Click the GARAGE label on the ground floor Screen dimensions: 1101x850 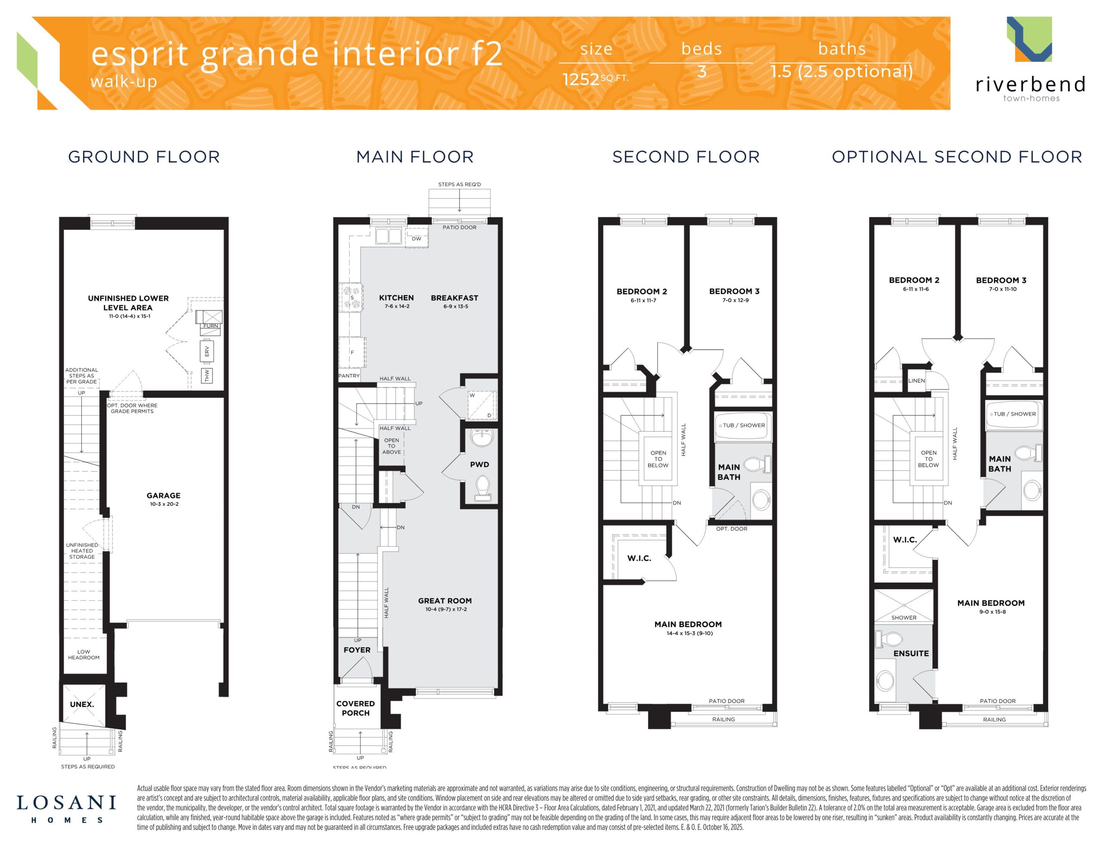(163, 496)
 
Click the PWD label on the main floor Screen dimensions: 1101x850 (480, 465)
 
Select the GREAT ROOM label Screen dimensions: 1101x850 (445, 601)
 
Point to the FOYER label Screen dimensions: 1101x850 (357, 650)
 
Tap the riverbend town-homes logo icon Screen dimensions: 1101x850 (1030, 39)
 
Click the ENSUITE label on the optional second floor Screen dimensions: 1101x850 (911, 654)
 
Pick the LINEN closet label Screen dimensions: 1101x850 (916, 380)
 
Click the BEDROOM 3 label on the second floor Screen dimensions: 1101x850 (734, 291)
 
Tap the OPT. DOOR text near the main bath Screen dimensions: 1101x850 (732, 529)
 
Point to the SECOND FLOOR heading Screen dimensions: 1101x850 (686, 157)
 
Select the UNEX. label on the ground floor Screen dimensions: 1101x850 (82, 704)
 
